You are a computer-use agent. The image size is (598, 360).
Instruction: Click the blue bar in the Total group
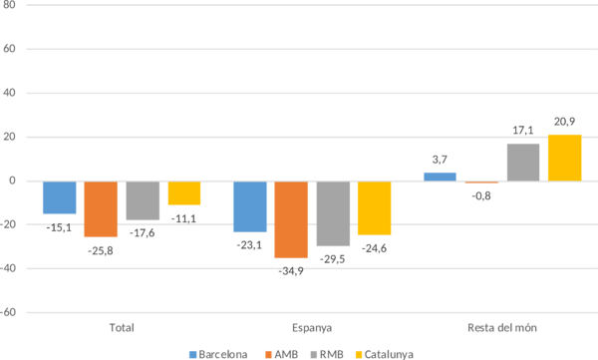pyautogui.click(x=59, y=197)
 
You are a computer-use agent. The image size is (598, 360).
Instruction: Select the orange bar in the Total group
pyautogui.click(x=101, y=208)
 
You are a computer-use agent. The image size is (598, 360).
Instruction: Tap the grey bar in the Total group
pyautogui.click(x=142, y=200)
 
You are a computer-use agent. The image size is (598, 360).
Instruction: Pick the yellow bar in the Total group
pyautogui.click(x=183, y=192)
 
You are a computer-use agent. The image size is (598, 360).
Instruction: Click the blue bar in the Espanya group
pyautogui.click(x=249, y=206)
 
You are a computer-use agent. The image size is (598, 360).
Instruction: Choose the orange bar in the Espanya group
pyautogui.click(x=291, y=219)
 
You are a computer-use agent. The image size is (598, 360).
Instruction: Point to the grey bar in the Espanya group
pyautogui.click(x=332, y=213)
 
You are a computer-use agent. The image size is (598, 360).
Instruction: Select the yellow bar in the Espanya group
pyautogui.click(x=374, y=207)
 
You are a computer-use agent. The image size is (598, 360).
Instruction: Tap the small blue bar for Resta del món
pyautogui.click(x=440, y=177)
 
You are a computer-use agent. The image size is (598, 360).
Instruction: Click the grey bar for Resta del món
pyautogui.click(x=523, y=162)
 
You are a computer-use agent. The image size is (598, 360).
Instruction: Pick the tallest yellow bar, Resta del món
pyautogui.click(x=564, y=158)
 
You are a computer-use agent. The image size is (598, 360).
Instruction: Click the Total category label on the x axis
pyautogui.click(x=121, y=327)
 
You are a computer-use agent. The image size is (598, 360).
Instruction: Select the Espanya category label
pyautogui.click(x=312, y=327)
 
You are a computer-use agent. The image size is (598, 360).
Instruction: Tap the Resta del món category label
pyautogui.click(x=502, y=327)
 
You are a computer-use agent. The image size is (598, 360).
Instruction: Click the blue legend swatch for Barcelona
pyautogui.click(x=193, y=353)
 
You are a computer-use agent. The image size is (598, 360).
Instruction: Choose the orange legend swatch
pyautogui.click(x=269, y=353)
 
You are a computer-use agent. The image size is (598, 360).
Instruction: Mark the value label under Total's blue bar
pyautogui.click(x=59, y=227)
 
